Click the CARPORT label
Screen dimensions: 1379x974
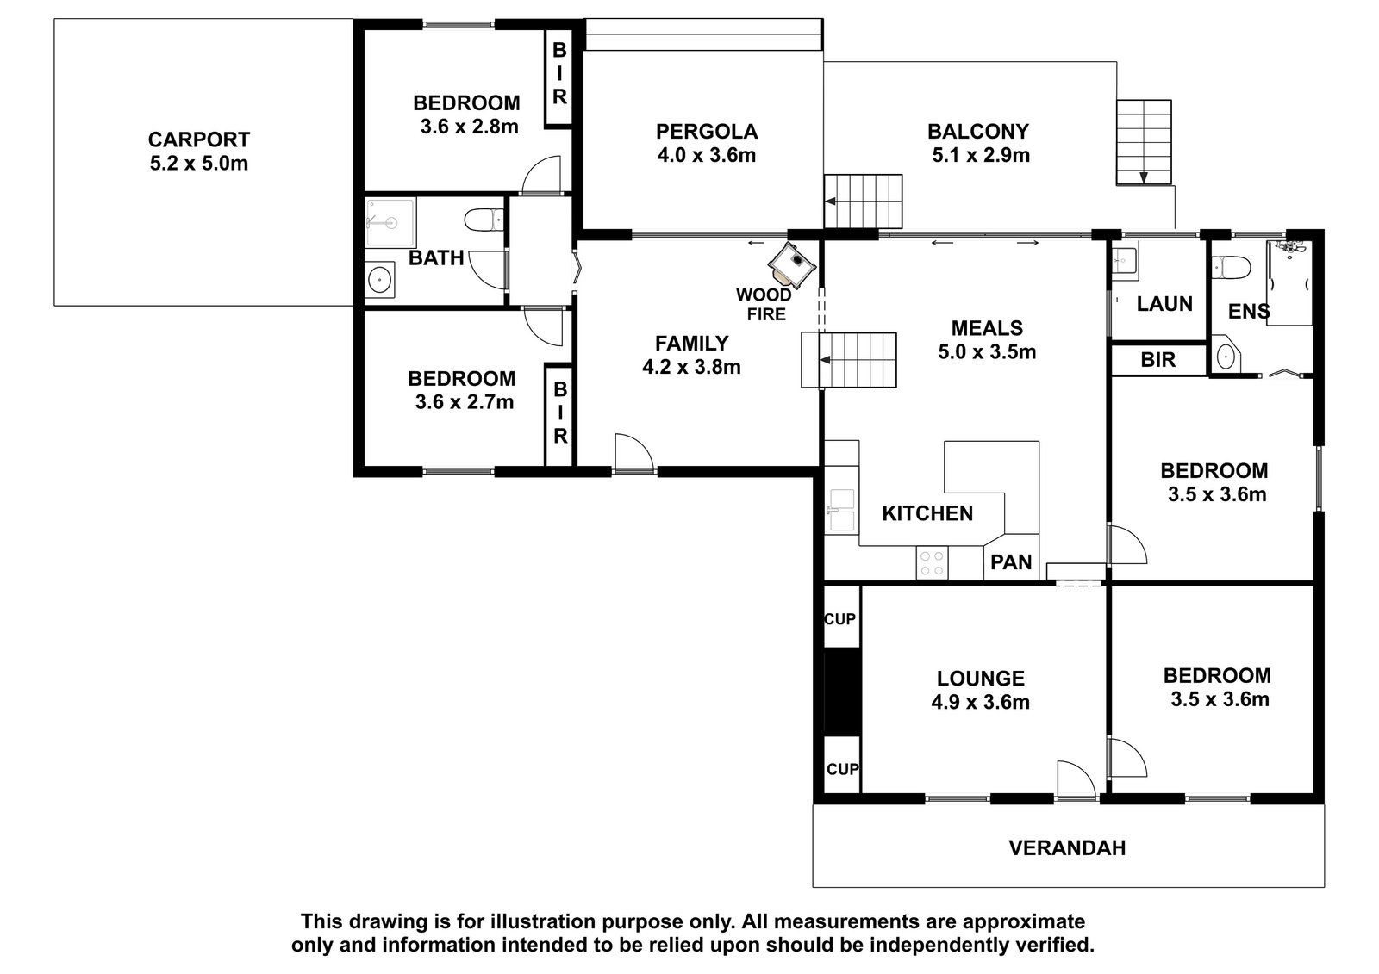199,140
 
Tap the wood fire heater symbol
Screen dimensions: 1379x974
792,266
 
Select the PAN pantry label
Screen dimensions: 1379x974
1011,561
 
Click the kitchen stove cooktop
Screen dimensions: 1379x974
932,563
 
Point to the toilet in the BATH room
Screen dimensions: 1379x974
484,220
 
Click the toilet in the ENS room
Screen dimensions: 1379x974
1232,268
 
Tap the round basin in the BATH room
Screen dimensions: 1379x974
380,280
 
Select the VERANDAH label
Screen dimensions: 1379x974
1067,848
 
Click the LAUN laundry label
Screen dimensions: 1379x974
1164,303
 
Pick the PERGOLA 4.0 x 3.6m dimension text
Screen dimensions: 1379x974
706,155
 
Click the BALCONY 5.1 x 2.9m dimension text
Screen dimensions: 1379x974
981,155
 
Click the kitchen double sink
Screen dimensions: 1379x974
841,510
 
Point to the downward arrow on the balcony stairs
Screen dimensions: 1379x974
1143,177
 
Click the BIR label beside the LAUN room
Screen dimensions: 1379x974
1157,360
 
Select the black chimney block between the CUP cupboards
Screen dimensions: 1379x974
841,692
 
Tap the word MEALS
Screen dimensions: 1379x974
987,328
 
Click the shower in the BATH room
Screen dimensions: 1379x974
390,222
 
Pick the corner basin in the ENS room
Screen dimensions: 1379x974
1226,355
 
